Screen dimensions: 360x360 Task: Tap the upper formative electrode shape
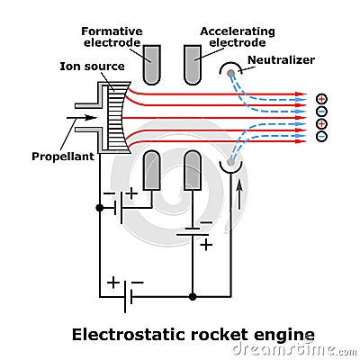coord(152,63)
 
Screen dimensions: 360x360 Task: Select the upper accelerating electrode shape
coord(192,63)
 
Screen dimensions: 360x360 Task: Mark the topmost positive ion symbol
coord(321,98)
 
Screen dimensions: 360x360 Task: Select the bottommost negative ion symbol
coord(321,136)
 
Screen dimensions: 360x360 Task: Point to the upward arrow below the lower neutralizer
coord(238,193)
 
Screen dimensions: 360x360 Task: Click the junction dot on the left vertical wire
coord(99,207)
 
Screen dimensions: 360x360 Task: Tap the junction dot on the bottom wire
coord(192,296)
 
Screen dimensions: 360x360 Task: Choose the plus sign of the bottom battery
coord(112,282)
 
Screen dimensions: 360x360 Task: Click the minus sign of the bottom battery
coord(143,282)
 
